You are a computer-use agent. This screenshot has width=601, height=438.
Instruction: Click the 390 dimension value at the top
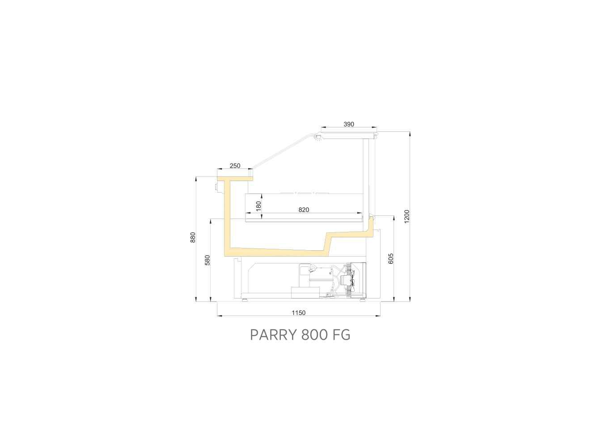click(x=349, y=124)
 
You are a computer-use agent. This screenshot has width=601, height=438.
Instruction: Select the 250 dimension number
click(x=235, y=166)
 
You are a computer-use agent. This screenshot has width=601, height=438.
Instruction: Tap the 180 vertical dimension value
click(x=258, y=206)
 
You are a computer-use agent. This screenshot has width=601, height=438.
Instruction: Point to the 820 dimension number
click(x=304, y=210)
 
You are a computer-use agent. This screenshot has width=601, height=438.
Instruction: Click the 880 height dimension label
click(x=193, y=237)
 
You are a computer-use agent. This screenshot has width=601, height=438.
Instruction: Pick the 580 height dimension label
click(x=207, y=260)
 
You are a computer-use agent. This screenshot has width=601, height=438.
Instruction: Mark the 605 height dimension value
click(x=391, y=259)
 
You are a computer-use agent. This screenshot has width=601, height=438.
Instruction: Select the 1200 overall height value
click(x=407, y=216)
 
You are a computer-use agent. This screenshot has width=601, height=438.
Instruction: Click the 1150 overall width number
click(x=299, y=313)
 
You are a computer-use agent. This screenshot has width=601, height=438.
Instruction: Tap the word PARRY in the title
click(x=273, y=335)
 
